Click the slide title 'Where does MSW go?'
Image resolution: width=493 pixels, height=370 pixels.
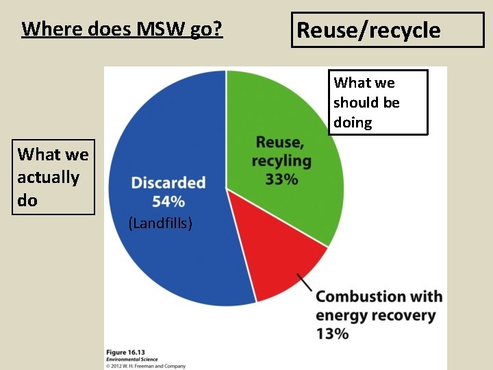pyautogui.click(x=122, y=29)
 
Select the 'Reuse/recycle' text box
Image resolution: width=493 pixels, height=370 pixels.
pyautogui.click(x=387, y=30)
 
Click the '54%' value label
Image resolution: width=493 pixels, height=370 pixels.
pyautogui.click(x=168, y=201)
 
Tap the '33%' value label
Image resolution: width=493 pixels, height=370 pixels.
pyautogui.click(x=281, y=180)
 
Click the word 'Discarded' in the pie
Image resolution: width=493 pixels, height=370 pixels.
pyautogui.click(x=168, y=183)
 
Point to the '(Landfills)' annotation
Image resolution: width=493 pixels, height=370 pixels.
pyautogui.click(x=160, y=223)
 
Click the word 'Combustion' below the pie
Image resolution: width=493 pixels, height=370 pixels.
pyautogui.click(x=351, y=297)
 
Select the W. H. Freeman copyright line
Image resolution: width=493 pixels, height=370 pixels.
pyautogui.click(x=145, y=366)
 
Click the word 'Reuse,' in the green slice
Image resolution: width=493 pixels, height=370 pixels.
pyautogui.click(x=280, y=143)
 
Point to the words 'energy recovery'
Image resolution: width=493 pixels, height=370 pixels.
pyautogui.click(x=375, y=316)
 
